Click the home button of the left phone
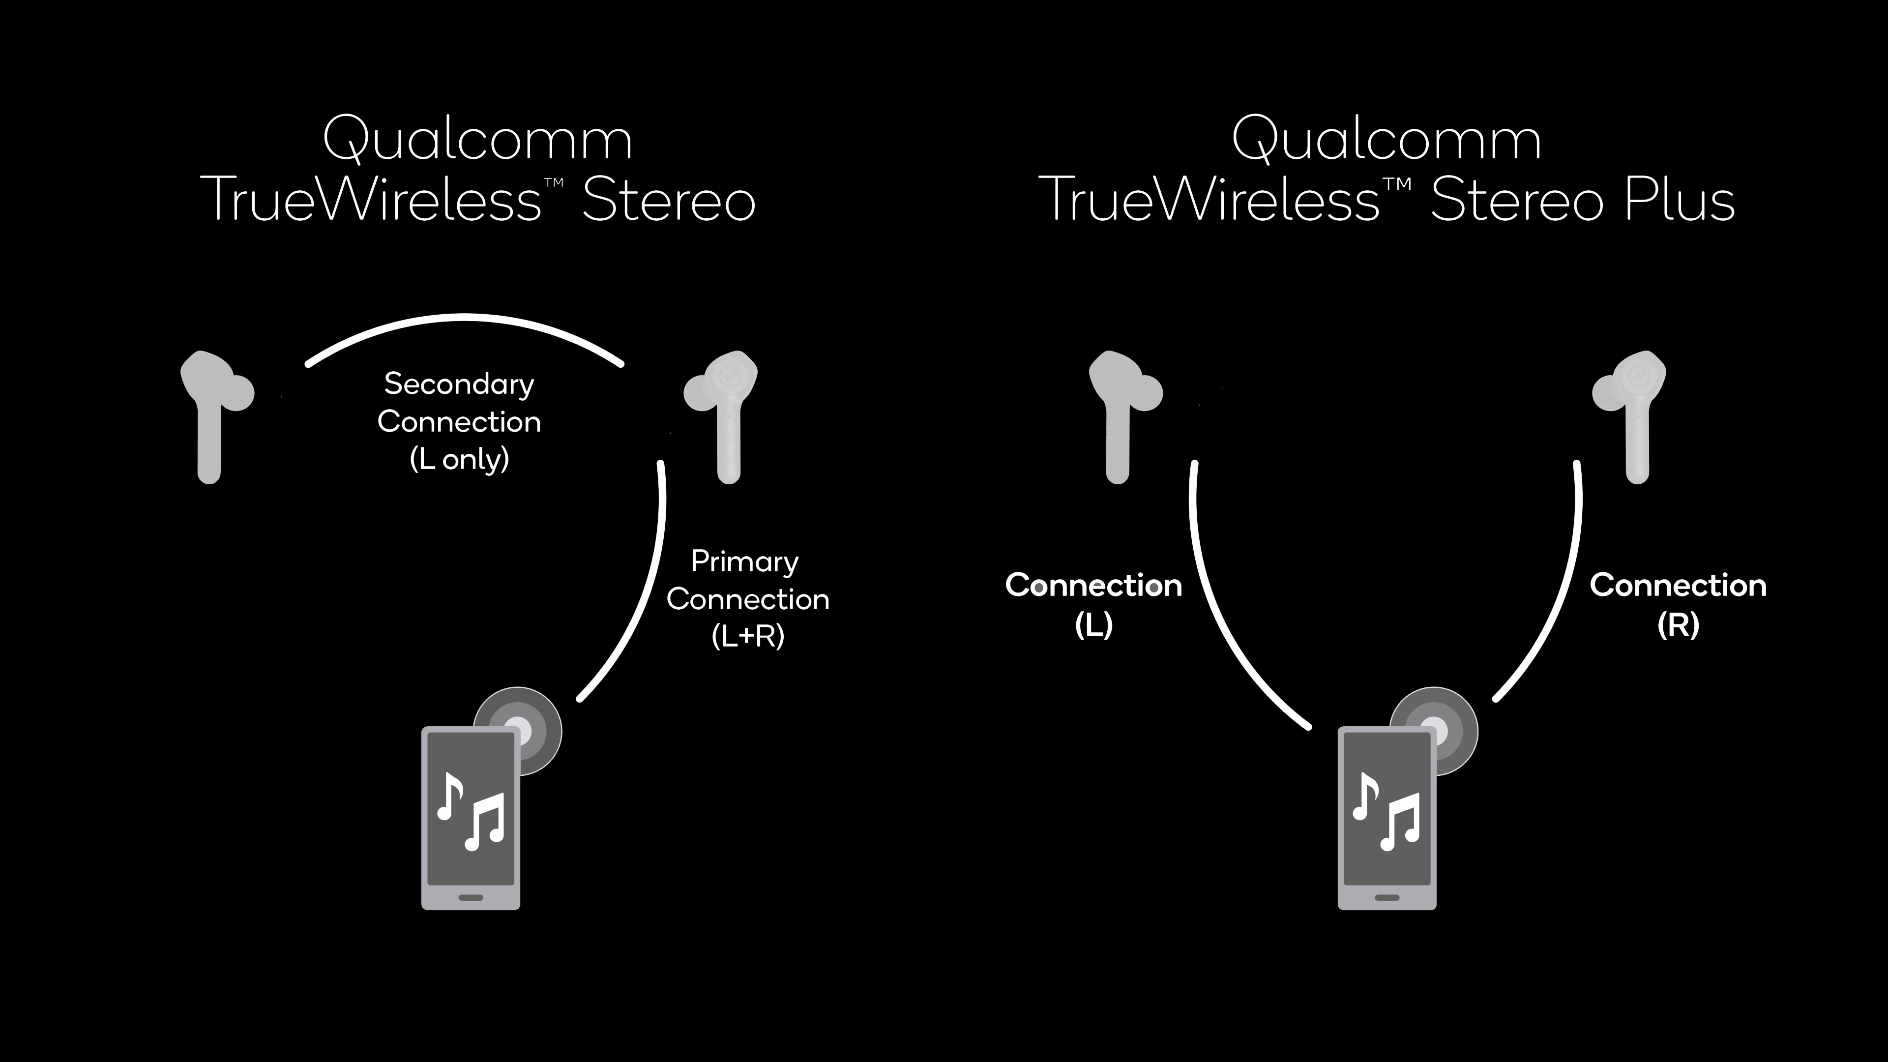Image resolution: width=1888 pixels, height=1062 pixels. coord(471,897)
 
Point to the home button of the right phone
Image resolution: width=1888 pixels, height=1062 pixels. coord(1386,897)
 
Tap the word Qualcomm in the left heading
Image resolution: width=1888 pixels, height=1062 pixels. coord(477,139)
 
